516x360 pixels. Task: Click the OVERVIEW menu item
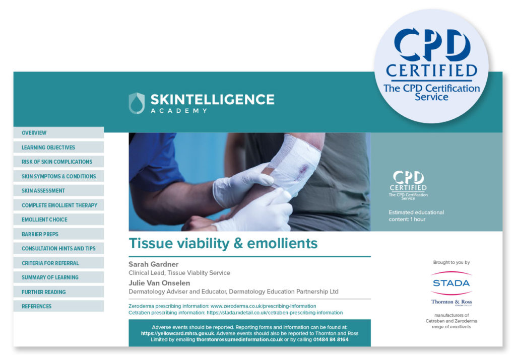pos(34,133)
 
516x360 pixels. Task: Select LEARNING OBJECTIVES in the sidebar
pos(48,148)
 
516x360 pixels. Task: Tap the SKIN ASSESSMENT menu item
pos(43,191)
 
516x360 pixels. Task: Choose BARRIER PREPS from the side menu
pos(40,234)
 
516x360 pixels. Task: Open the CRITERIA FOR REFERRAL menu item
pos(50,263)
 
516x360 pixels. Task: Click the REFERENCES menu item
pos(36,306)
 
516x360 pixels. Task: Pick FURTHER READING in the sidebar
pos(43,292)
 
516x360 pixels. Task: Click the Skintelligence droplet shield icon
pos(137,103)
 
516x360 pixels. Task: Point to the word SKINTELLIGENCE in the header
pos(212,99)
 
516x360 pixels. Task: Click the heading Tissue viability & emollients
pos(223,244)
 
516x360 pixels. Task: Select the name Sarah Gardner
pos(153,264)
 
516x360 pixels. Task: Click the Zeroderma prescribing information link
pos(263,306)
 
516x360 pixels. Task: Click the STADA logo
pos(451,283)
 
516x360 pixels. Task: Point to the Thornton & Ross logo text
pos(451,302)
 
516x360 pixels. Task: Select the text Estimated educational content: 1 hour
pos(416,215)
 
